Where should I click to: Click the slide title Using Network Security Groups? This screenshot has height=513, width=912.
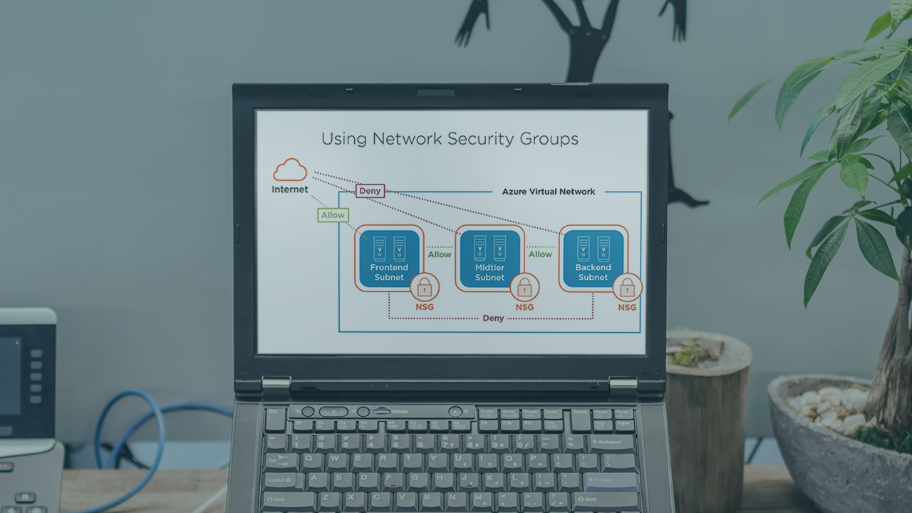tap(450, 138)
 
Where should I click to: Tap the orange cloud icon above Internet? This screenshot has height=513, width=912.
tap(290, 170)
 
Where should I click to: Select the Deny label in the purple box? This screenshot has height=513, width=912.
tap(370, 191)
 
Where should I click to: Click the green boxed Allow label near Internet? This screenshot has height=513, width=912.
tap(333, 214)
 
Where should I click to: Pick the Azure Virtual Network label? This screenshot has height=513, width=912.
tap(549, 192)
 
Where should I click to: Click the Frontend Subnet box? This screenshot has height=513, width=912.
tap(389, 258)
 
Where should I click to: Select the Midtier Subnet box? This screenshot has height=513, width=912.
tap(489, 258)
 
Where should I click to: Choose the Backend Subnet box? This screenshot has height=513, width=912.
tap(593, 258)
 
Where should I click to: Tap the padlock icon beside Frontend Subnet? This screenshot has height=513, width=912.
tap(425, 287)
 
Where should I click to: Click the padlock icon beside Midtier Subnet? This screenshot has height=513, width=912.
tap(525, 287)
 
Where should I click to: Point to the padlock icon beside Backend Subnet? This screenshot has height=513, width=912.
tap(627, 287)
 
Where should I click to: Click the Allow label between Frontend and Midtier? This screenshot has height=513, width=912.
tap(440, 254)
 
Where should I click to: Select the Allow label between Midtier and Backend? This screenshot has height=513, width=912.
tap(540, 254)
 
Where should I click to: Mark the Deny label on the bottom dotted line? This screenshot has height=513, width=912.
tap(493, 318)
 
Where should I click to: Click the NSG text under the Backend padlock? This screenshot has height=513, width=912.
tap(627, 308)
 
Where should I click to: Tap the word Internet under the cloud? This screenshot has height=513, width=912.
tap(290, 190)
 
